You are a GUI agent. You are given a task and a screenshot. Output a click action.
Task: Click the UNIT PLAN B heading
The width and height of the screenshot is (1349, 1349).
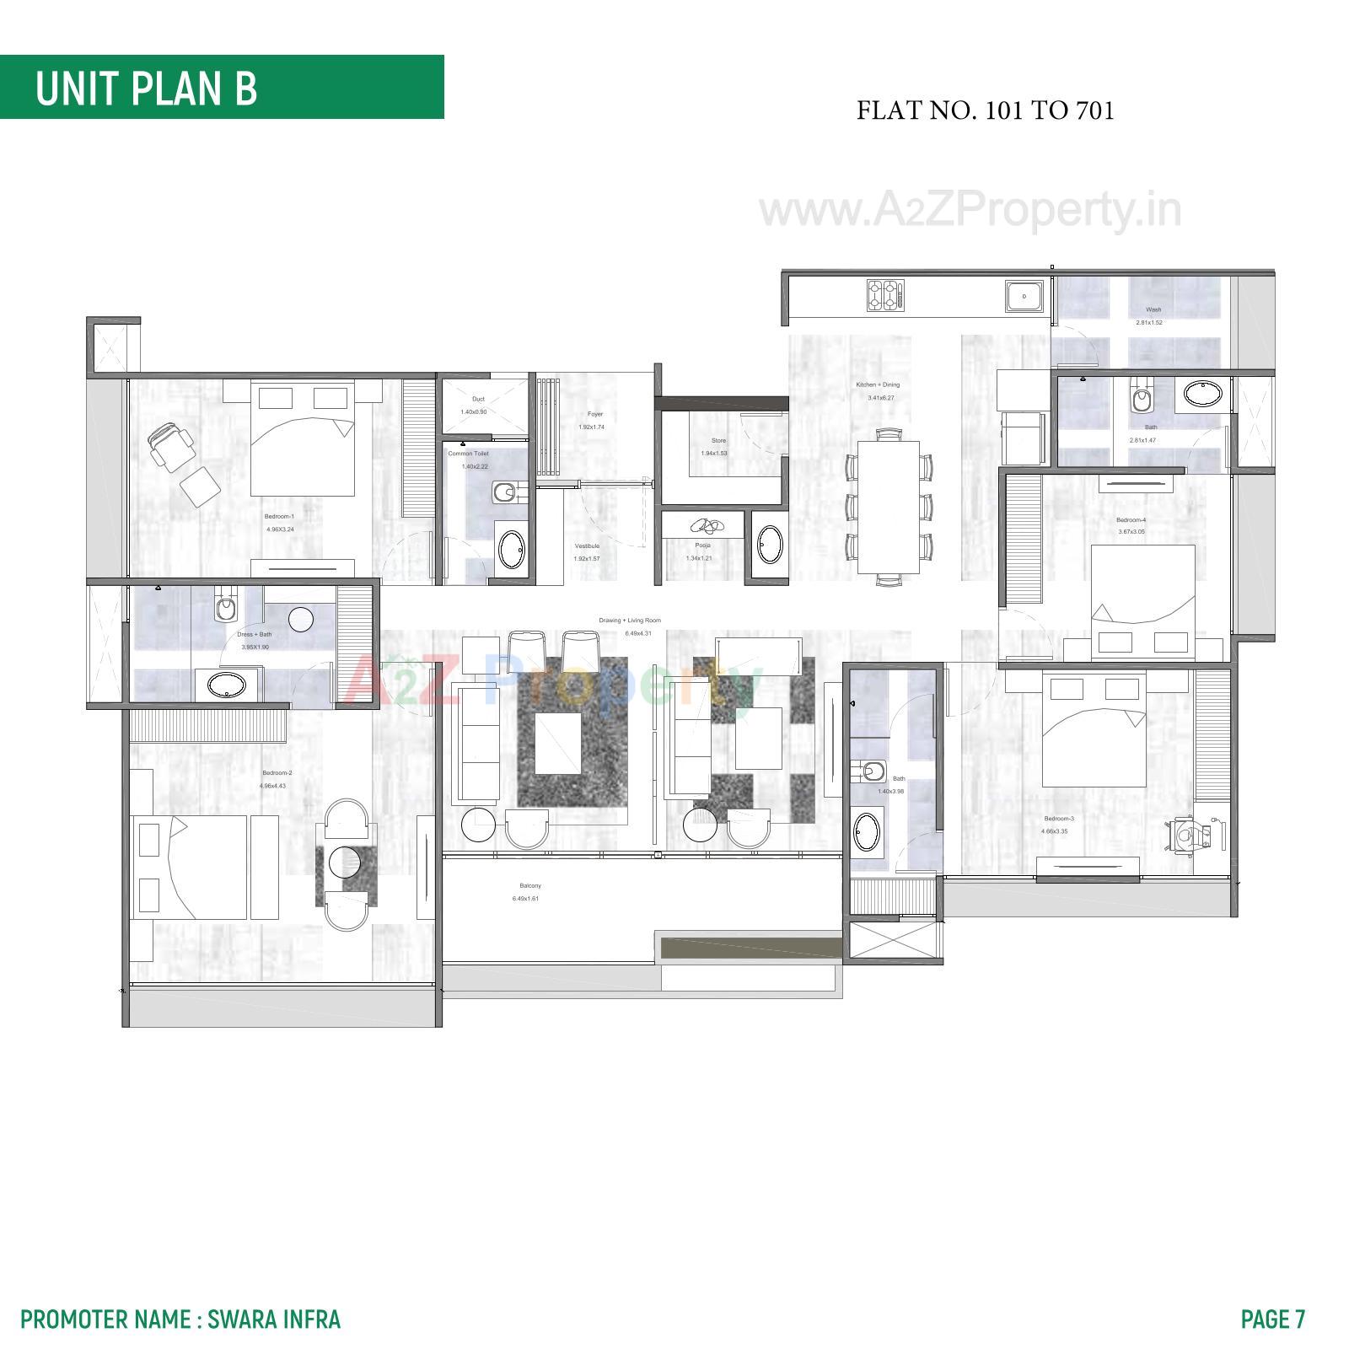point(146,88)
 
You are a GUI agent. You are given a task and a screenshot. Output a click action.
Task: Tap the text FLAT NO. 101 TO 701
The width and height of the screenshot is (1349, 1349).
point(985,110)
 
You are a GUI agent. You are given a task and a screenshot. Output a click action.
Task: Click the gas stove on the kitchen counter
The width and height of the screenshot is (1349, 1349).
point(884,295)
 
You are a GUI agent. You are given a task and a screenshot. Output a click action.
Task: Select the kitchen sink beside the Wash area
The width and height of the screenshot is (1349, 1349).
point(1024,297)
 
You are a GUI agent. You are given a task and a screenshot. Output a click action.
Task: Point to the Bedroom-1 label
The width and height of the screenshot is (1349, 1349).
point(279,516)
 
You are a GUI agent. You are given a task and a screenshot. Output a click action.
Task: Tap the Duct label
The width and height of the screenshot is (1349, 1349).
point(478,399)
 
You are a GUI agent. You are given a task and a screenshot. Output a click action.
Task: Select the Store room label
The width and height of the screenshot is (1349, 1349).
point(718,440)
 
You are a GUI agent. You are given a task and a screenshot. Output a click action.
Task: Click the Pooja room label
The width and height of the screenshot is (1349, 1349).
point(702,546)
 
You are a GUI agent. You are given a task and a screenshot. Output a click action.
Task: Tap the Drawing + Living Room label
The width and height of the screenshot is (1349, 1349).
point(630,620)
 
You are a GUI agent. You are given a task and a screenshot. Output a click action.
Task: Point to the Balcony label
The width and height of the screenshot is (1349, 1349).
point(529,885)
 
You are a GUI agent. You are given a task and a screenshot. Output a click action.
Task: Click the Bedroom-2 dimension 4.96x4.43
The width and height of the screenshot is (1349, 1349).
point(278,786)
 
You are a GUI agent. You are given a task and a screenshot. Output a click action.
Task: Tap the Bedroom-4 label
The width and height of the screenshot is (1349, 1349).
point(1131,520)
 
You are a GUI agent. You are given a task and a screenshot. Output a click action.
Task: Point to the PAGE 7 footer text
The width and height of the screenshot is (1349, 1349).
point(1272,1319)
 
